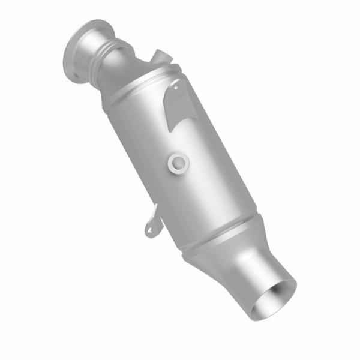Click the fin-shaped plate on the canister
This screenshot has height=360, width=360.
click(x=178, y=102)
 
